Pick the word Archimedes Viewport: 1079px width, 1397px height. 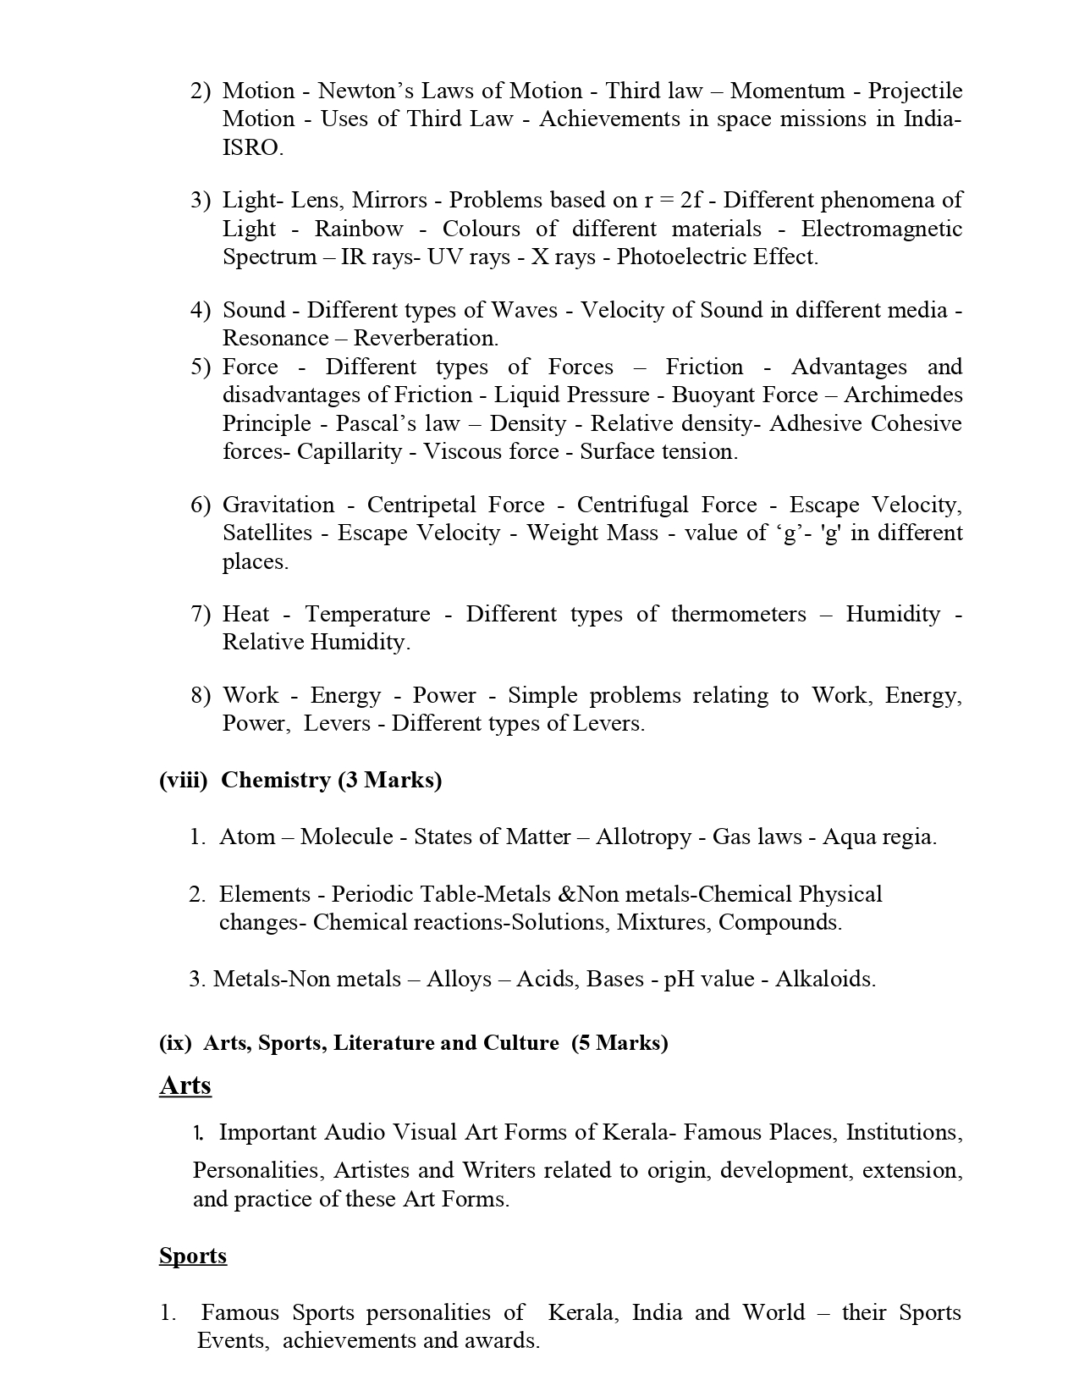pyautogui.click(x=903, y=395)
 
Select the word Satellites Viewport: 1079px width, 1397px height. pyautogui.click(x=267, y=533)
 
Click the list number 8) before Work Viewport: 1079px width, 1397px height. pyautogui.click(x=201, y=695)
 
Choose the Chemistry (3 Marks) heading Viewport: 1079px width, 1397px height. pyautogui.click(x=331, y=780)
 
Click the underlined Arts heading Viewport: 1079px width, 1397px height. pyautogui.click(x=184, y=1085)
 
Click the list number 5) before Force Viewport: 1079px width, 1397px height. pyautogui.click(x=201, y=367)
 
